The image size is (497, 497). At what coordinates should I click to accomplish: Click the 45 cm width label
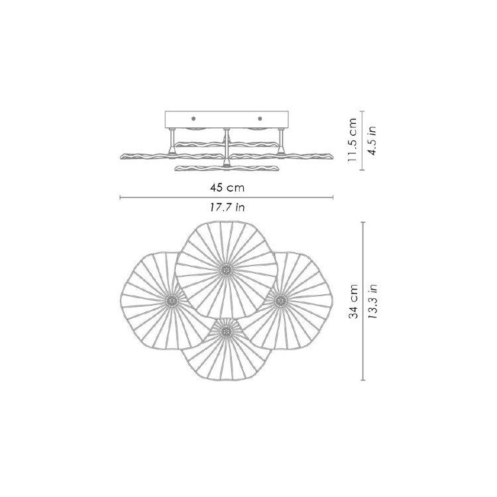pos(227,188)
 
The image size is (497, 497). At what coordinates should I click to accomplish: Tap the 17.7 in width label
pos(227,207)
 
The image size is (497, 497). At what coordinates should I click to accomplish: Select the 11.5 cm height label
pos(353,140)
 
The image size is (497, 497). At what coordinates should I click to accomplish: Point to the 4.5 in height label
pos(372,140)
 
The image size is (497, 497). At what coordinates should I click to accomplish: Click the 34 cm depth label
pos(353,301)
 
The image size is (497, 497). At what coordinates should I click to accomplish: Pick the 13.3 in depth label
pos(372,301)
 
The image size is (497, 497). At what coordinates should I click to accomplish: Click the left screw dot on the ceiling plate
pos(193,119)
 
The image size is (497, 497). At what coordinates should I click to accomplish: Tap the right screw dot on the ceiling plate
pos(260,119)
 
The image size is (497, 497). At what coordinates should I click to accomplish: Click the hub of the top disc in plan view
pos(226,270)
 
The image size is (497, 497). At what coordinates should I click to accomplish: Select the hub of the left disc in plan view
pos(172,300)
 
